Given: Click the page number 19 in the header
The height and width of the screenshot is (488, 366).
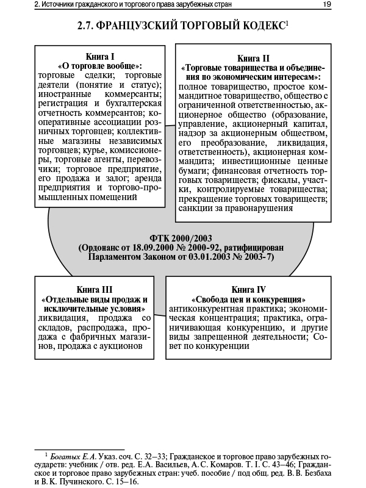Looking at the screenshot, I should click(327, 5).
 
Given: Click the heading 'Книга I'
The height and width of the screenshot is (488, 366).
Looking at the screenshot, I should click(99, 56).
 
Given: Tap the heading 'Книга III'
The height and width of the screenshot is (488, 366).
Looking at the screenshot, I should click(95, 289).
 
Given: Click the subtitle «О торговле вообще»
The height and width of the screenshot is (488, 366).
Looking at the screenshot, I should click(99, 65).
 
